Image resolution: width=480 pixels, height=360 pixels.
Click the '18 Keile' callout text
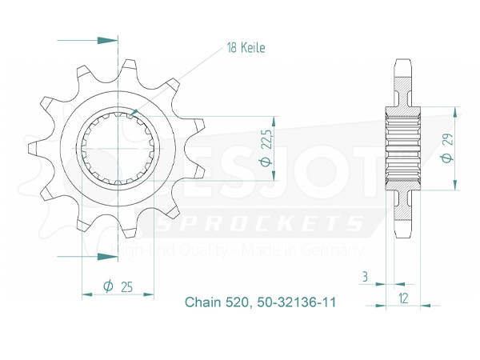pyautogui.click(x=246, y=48)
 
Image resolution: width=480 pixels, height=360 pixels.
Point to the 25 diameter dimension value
pyautogui.click(x=125, y=286)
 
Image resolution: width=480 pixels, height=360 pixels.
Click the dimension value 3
pyautogui.click(x=365, y=277)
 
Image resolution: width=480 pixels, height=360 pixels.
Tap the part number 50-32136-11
pyautogui.click(x=296, y=303)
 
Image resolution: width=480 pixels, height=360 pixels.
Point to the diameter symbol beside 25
pyautogui.click(x=108, y=286)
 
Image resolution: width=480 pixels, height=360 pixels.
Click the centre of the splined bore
pyautogui.click(x=118, y=149)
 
